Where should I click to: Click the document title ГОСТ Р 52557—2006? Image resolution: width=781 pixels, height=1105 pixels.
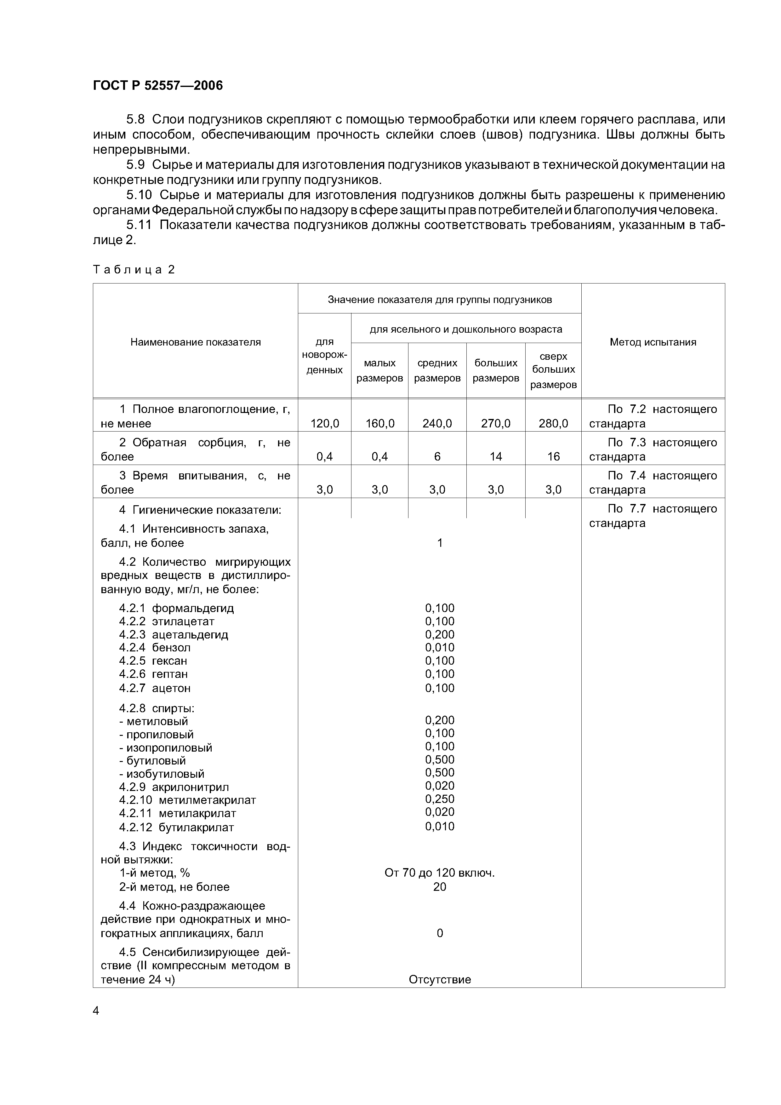158,86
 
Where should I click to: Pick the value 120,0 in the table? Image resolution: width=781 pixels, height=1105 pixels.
324,424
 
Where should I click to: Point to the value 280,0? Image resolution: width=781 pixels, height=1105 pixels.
553,424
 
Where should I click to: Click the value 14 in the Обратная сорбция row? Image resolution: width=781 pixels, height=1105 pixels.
496,457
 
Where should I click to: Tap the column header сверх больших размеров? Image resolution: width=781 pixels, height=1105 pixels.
553,370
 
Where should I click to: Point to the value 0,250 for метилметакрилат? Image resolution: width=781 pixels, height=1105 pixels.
439,799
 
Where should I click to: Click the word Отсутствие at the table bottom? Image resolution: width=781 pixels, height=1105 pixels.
439,979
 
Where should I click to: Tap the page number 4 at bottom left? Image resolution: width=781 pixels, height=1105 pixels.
96,1011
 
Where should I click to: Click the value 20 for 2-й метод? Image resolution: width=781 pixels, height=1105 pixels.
439,886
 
